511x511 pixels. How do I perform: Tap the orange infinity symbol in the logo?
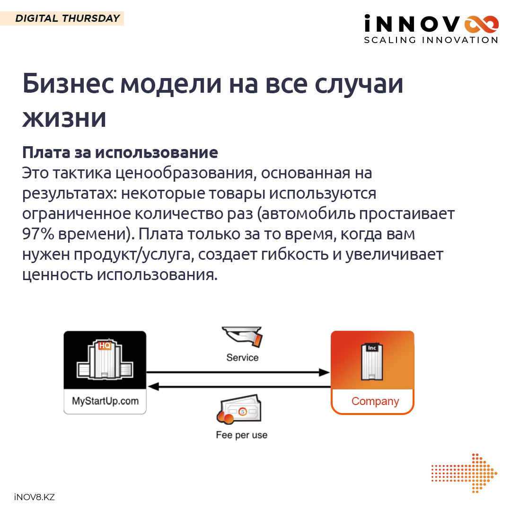point(481,25)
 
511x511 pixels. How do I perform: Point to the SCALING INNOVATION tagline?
point(431,40)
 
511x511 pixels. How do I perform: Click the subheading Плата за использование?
point(120,152)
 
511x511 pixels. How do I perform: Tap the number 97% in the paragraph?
point(38,234)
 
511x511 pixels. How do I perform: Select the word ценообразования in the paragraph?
point(184,173)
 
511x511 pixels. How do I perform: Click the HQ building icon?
point(105,360)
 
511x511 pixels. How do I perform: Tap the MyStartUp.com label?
point(105,401)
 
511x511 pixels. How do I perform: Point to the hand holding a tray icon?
point(242,337)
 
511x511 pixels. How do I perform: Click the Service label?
point(242,358)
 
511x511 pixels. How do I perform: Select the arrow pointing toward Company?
point(238,372)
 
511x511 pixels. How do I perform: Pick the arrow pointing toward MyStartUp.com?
point(239,387)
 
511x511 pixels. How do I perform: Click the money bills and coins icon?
point(239,409)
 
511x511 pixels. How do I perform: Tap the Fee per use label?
point(241,435)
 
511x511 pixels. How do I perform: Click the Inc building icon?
point(372,361)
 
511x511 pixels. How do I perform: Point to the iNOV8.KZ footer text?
point(35,497)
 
